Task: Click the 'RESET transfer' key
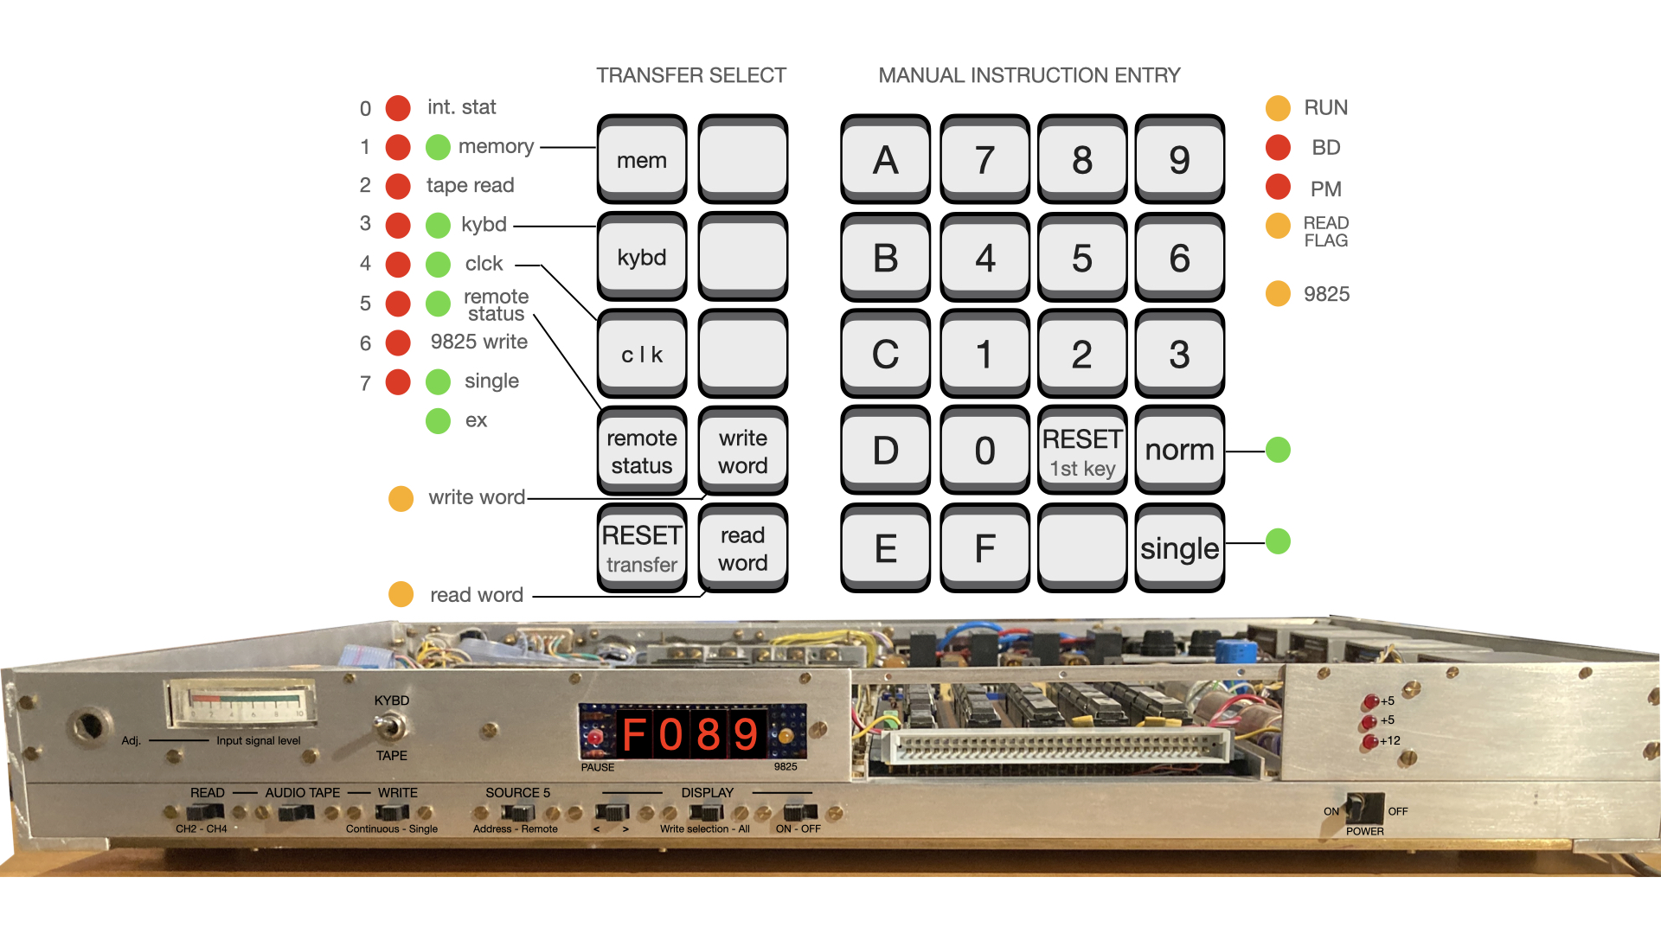tap(641, 548)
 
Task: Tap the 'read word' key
tap(742, 548)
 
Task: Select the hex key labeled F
tap(984, 548)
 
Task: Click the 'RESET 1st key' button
tap(1081, 451)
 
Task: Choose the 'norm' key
tap(1179, 451)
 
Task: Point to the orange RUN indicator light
tap(1278, 108)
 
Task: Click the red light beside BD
tap(1278, 148)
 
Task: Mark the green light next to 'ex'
tap(439, 421)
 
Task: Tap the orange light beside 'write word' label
tap(401, 498)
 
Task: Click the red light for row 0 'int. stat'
tap(398, 108)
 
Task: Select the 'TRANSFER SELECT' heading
tap(690, 76)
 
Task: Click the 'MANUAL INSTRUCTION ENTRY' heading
tap(1029, 76)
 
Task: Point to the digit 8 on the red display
tap(709, 735)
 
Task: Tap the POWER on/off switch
tap(1364, 808)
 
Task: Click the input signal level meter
tap(241, 702)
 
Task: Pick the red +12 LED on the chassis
tap(1369, 741)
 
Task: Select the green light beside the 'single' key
tap(1278, 541)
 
